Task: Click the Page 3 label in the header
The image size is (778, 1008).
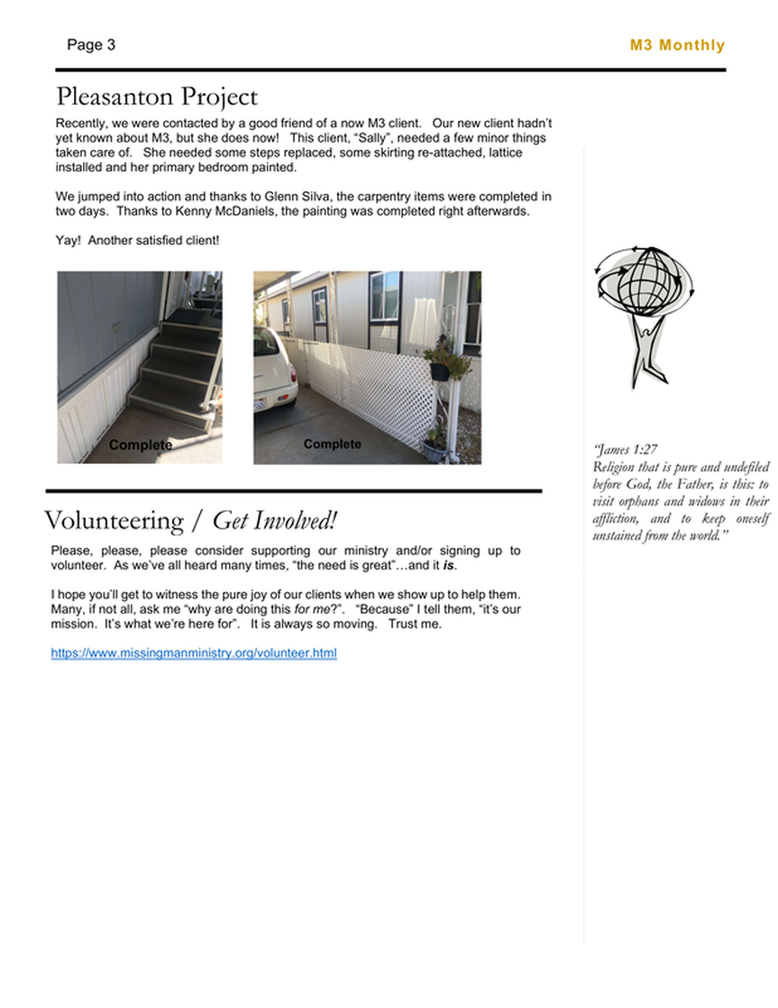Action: [x=91, y=45]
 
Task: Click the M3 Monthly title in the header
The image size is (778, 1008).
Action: [x=676, y=45]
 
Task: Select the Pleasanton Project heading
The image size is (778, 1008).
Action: [x=157, y=97]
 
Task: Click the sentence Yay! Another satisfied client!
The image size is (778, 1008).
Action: [x=137, y=241]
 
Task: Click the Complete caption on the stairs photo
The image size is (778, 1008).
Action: [x=140, y=446]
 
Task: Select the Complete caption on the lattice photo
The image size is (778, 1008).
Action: [x=332, y=444]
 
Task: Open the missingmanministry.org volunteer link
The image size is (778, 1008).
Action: [x=194, y=653]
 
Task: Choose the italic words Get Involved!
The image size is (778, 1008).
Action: [x=274, y=522]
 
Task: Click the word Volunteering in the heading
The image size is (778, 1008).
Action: [x=113, y=522]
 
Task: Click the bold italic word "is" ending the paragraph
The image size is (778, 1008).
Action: [x=462, y=565]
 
